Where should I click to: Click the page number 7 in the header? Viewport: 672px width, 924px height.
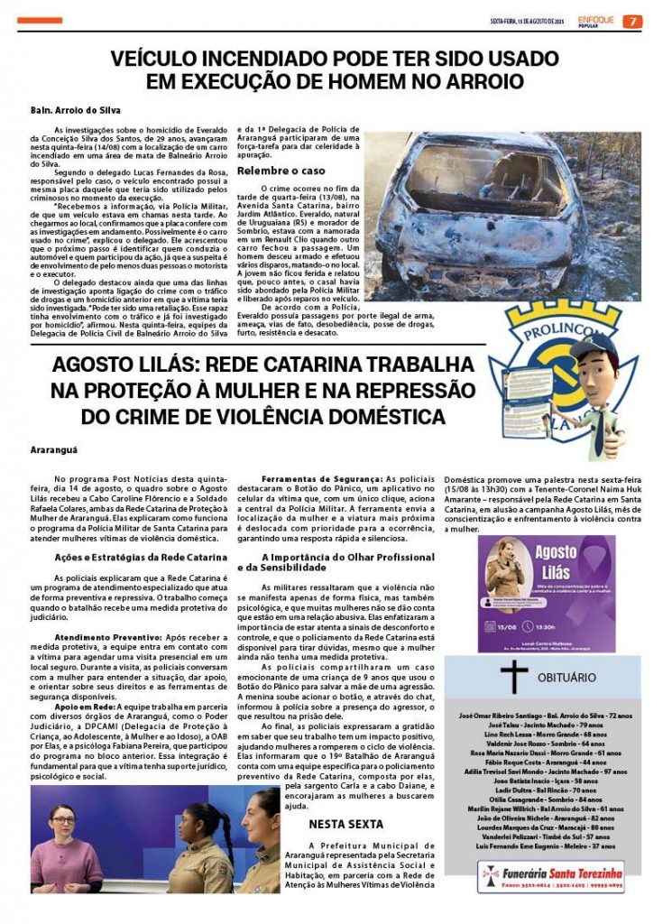click(x=634, y=22)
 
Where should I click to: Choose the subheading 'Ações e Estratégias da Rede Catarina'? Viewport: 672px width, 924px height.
click(x=141, y=558)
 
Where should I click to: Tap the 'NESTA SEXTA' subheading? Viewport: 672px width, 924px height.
click(x=345, y=824)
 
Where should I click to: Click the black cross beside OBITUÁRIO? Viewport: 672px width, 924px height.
click(x=513, y=677)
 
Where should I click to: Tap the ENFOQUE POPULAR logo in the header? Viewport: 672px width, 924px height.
click(x=596, y=21)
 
